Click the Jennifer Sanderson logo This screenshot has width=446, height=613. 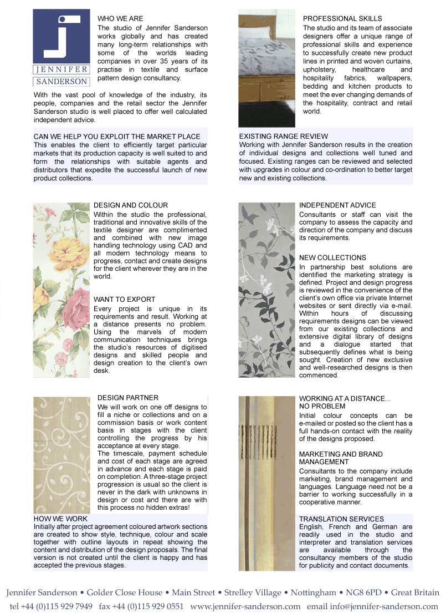[x=61, y=48]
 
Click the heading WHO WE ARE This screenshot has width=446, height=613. [x=120, y=19]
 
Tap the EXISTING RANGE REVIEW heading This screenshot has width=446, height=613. [x=283, y=136]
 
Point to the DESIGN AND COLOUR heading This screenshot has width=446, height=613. [x=131, y=205]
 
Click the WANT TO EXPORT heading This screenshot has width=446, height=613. [x=125, y=300]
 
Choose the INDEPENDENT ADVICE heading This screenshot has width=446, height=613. [x=337, y=205]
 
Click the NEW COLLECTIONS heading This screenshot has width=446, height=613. [x=332, y=258]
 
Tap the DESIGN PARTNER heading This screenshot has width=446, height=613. [x=128, y=398]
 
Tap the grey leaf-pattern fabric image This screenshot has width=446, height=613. [x=266, y=290]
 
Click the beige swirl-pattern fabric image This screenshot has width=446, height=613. [x=61, y=455]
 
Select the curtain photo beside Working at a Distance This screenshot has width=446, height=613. [x=266, y=483]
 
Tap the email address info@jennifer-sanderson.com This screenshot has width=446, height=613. [x=387, y=606]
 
